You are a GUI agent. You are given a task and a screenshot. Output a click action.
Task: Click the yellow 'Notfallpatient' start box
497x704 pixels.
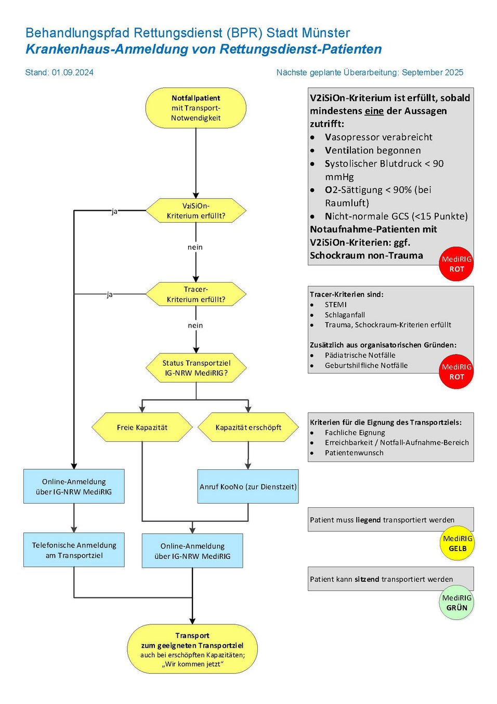point(195,108)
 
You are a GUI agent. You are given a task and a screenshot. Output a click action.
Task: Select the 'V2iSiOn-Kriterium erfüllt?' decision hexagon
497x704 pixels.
point(195,211)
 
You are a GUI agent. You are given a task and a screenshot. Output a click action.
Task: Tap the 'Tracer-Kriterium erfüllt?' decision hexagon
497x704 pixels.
point(195,295)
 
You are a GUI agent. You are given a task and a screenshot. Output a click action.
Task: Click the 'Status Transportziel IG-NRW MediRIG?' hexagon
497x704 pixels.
point(196,368)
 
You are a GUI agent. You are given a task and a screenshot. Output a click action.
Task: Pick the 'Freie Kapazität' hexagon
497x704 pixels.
point(142,427)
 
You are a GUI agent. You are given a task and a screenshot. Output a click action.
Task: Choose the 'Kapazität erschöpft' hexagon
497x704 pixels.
point(248,427)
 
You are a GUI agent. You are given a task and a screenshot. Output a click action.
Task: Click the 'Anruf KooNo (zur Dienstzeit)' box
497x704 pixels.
point(248,487)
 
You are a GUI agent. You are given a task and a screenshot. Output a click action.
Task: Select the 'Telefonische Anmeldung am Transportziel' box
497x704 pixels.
point(74,550)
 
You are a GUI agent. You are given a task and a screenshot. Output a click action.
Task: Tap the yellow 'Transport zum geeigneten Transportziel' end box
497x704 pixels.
point(192,649)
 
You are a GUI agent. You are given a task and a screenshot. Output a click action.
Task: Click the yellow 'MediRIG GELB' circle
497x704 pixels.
point(457,544)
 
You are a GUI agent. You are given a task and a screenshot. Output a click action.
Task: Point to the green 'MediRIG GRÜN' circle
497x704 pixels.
point(457,603)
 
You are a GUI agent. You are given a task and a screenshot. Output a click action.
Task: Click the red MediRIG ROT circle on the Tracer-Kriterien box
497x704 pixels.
point(456,372)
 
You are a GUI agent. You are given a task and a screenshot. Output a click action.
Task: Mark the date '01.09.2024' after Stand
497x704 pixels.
point(73,72)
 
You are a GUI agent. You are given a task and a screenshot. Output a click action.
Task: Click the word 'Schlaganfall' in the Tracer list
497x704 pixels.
point(345,315)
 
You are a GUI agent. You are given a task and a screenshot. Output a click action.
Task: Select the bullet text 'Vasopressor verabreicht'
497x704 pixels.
point(378,137)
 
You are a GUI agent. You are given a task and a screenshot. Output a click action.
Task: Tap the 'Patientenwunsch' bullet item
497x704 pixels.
point(354,453)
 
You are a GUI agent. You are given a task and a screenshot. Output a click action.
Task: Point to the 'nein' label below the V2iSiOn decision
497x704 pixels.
point(195,247)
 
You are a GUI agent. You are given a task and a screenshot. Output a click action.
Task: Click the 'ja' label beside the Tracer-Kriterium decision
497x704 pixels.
point(109,294)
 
